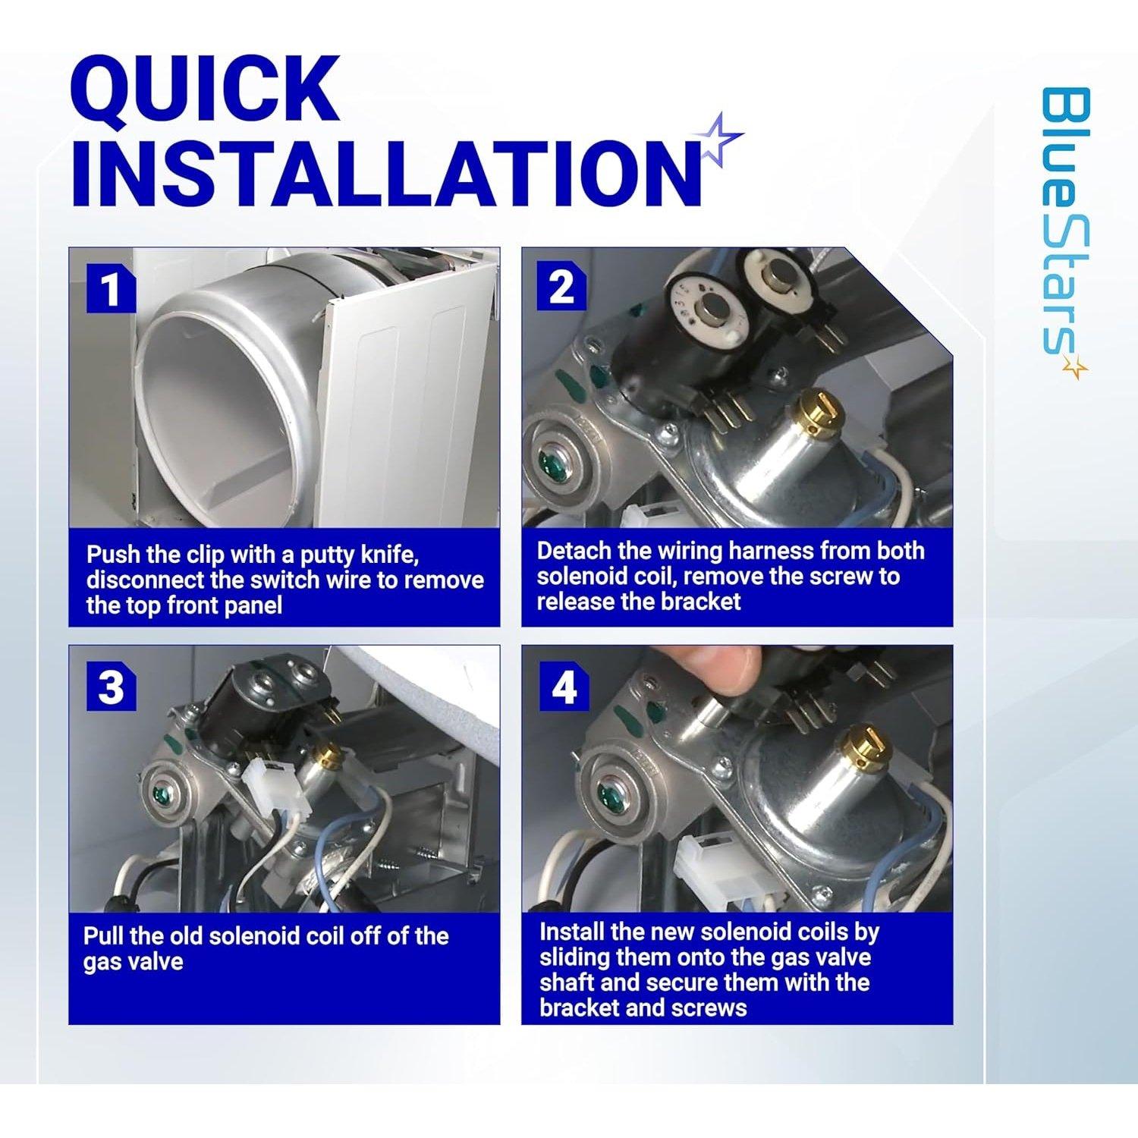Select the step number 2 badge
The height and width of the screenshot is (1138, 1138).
pyautogui.click(x=561, y=288)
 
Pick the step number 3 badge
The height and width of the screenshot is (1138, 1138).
pyautogui.click(x=112, y=688)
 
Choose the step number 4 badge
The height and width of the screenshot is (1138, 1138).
pyautogui.click(x=564, y=688)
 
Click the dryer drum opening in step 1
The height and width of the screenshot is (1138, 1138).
pyautogui.click(x=228, y=410)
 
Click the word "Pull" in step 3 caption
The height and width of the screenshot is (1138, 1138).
pyautogui.click(x=103, y=936)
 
